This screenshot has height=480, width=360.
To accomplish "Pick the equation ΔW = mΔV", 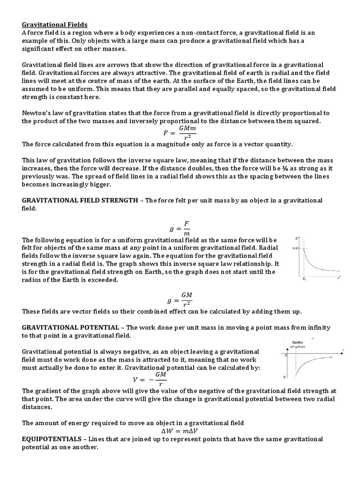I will click(x=180, y=431).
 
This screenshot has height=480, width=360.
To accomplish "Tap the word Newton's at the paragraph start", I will click(x=37, y=113).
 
